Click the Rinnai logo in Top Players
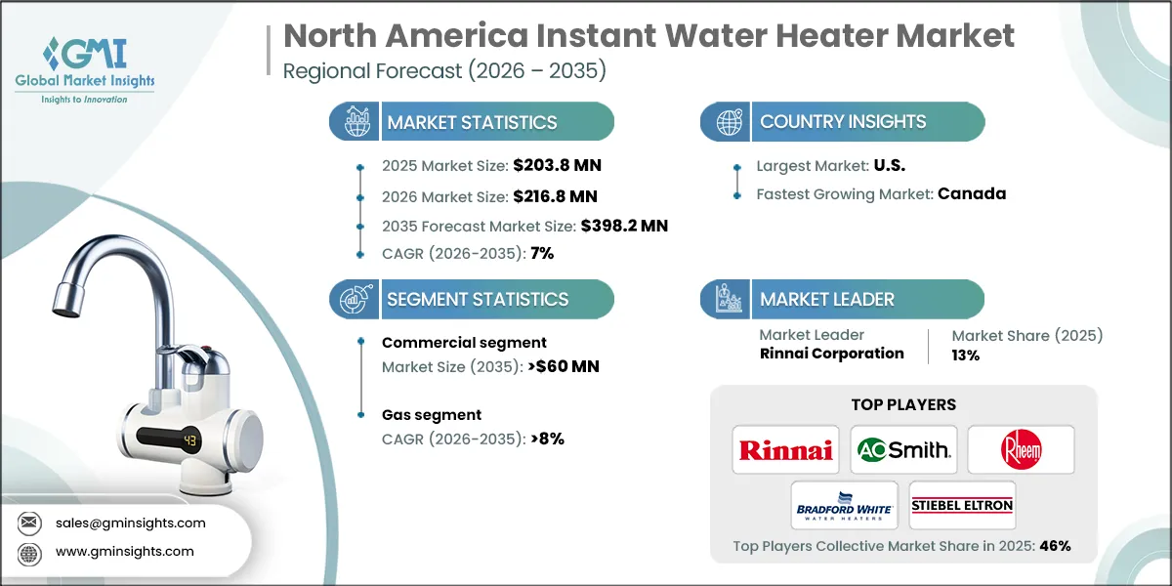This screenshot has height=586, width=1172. (786, 449)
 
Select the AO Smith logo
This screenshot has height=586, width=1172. (903, 449)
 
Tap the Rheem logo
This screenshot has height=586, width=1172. (1021, 449)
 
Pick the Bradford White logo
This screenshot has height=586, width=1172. (844, 505)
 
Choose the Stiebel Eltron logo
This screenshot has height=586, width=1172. (962, 505)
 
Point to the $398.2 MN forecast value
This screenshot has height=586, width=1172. (624, 226)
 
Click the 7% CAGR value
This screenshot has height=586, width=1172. (542, 254)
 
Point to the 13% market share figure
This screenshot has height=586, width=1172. (966, 356)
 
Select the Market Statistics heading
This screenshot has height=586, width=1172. (472, 122)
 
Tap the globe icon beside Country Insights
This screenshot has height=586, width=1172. (729, 122)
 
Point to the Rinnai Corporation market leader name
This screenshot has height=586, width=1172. (831, 354)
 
